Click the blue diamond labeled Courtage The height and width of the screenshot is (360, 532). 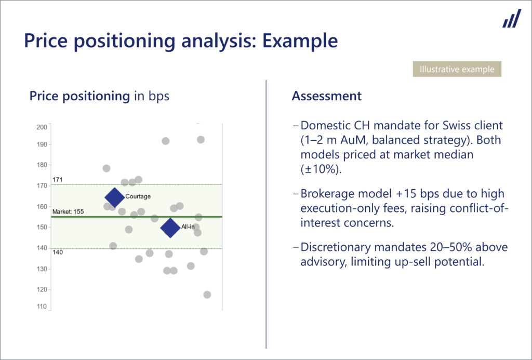pyautogui.click(x=114, y=197)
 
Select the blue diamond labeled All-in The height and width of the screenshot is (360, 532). pyautogui.click(x=170, y=228)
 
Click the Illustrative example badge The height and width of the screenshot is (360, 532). pyautogui.click(x=457, y=69)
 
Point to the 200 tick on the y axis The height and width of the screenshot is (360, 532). pyautogui.click(x=42, y=127)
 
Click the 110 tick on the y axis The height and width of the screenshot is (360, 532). pyautogui.click(x=42, y=307)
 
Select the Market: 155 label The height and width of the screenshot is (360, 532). pyautogui.click(x=68, y=212)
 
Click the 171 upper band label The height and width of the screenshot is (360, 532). pyautogui.click(x=57, y=180)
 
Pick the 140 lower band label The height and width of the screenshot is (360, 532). pyautogui.click(x=57, y=252)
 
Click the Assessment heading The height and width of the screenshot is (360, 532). pyautogui.click(x=326, y=96)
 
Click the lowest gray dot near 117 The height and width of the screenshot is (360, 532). pyautogui.click(x=207, y=295)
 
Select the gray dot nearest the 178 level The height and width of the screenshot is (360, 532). pyautogui.click(x=107, y=168)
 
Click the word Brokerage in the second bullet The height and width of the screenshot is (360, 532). pyautogui.click(x=326, y=194)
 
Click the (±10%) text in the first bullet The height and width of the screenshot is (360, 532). pyautogui.click(x=316, y=169)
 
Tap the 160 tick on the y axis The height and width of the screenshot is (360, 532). pyautogui.click(x=42, y=207)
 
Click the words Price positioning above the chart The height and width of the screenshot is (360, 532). pyautogui.click(x=79, y=96)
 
